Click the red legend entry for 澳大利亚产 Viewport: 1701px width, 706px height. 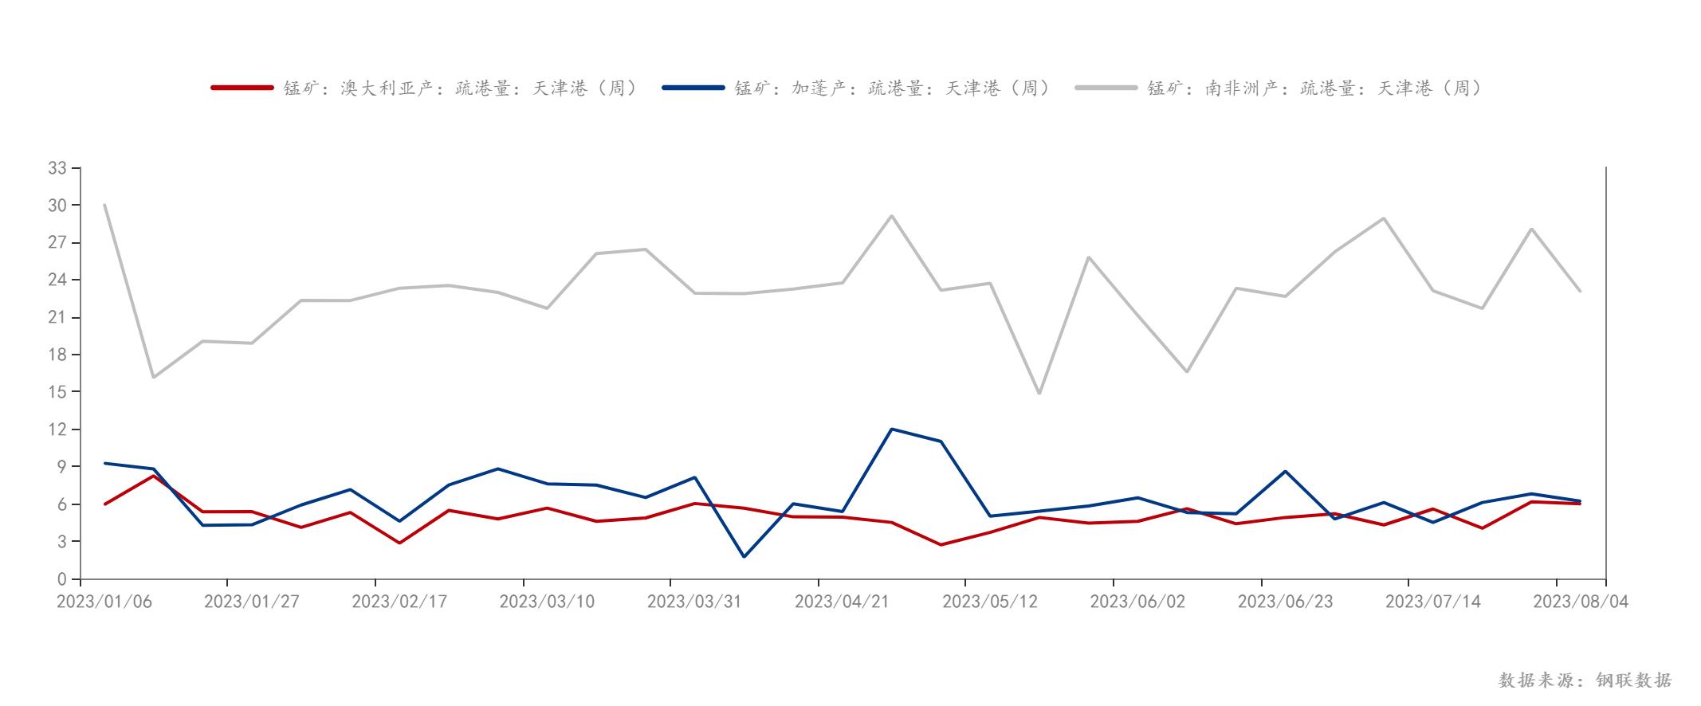pos(425,88)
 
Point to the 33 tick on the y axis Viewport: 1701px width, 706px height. pos(57,168)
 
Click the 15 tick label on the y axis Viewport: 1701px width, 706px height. pos(57,392)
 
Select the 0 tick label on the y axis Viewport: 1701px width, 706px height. pos(62,579)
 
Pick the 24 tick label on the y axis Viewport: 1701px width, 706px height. pos(57,280)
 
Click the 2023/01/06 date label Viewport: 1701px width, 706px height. pos(104,602)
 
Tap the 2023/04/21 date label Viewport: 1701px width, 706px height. pos(842,602)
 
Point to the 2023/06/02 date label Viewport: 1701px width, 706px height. pos(1137,602)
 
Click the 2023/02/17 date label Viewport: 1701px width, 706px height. pos(399,602)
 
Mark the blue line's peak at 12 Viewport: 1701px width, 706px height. pos(891,429)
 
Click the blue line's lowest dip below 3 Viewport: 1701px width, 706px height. pos(744,556)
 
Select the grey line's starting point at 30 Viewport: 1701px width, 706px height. pos(104,205)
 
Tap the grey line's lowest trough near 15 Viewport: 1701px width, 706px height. pos(1039,394)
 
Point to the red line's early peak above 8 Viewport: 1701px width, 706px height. pos(153,476)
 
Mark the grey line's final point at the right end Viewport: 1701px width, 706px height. pos(1580,291)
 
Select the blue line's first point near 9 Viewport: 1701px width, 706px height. pos(104,463)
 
